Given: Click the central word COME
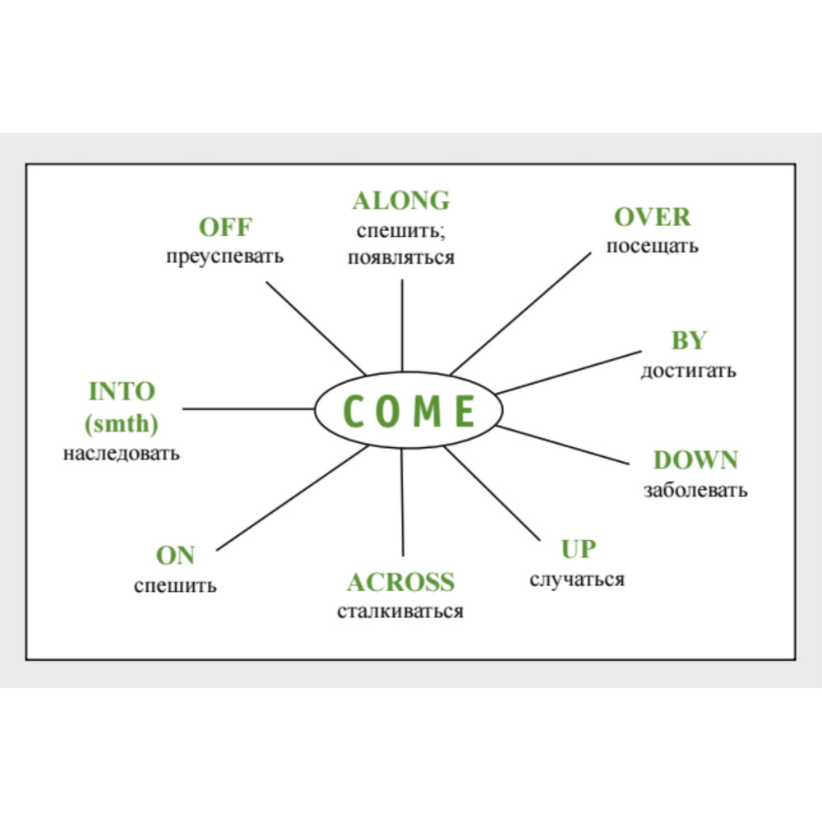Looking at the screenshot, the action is pos(409,410).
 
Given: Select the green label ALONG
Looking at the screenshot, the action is pos(401,201).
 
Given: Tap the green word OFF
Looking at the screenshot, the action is pos(225,227).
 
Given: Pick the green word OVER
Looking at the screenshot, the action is pos(652,217).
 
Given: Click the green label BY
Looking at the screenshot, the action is pos(689,340).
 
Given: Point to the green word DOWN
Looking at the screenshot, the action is pos(695,460).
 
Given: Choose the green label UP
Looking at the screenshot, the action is pos(578,549).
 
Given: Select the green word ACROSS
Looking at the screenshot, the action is pos(400,582).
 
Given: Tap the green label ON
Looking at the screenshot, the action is pos(175,555).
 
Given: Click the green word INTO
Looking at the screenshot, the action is pos(122,391).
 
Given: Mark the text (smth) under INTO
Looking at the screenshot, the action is pos(122,423).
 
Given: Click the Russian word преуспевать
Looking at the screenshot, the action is pos(225,256).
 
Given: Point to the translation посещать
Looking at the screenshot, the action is pos(652,247).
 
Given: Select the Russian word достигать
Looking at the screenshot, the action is pos(688,371).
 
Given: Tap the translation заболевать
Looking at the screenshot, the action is pos(695,490).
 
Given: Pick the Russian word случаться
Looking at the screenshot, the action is pos(577,580).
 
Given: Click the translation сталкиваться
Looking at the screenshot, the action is pos(400,612).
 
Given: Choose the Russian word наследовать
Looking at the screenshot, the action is pos(122,454).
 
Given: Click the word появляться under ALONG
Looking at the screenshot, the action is pos(401,258).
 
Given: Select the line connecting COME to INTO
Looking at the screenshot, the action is pos(248,409).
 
